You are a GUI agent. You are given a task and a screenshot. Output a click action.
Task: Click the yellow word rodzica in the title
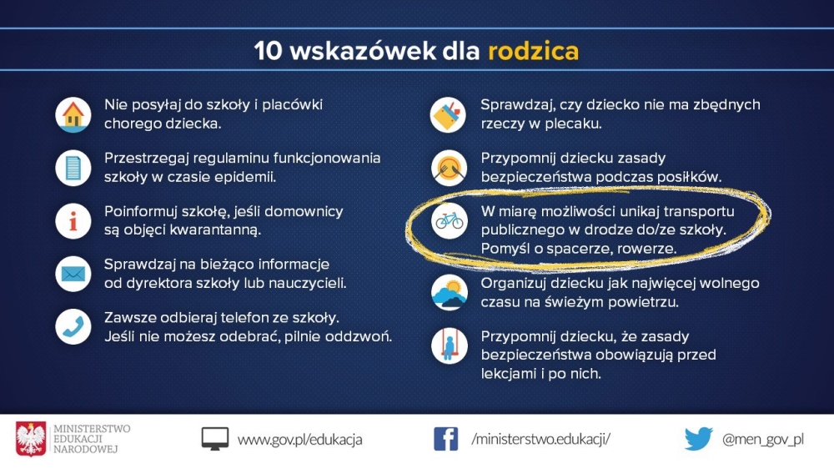coord(534,51)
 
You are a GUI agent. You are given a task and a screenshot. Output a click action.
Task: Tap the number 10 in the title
coord(268,51)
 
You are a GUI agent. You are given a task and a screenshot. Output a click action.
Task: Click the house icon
coord(73,115)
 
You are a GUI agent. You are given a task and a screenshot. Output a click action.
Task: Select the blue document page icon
coord(73,169)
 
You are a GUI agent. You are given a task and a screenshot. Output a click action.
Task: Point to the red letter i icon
coord(73,221)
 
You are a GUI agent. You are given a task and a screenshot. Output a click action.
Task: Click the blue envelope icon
coord(73,274)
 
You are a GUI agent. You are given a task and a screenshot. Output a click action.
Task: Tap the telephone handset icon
coord(73,327)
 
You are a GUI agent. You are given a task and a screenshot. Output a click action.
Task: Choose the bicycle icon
coord(450,221)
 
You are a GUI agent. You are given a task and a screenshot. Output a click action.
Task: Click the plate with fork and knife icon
coord(450,169)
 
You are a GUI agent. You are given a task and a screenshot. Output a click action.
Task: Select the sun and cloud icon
coord(450,292)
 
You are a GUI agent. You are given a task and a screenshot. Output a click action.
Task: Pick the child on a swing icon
coord(450,346)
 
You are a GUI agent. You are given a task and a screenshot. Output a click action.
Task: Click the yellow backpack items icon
coord(449,115)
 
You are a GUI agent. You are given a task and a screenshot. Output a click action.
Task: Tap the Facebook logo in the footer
coord(445,439)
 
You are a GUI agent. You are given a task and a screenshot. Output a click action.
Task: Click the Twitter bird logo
coord(698,439)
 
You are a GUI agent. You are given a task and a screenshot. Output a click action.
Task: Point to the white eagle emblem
coord(31,439)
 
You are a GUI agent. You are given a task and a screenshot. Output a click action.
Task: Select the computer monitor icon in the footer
coord(215,439)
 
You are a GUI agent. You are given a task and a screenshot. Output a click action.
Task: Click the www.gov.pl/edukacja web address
coord(300,440)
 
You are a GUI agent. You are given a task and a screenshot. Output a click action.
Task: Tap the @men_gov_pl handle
coord(763,439)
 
